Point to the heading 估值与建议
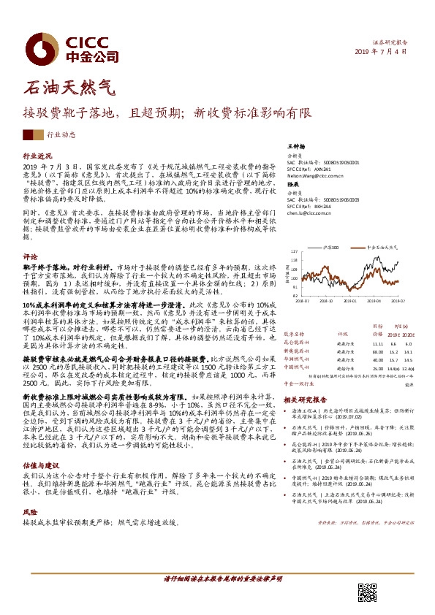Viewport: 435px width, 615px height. (x=40, y=444)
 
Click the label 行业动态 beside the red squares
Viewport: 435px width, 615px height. (x=61, y=134)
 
